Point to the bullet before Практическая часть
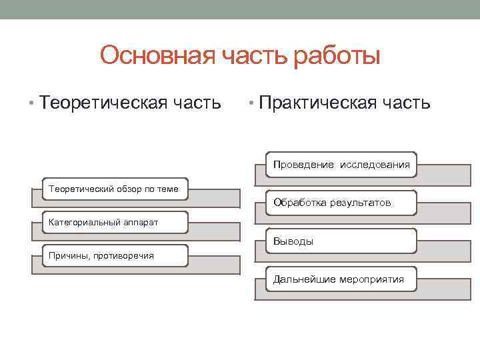pyautogui.click(x=250, y=104)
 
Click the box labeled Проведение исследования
pyautogui.click(x=341, y=164)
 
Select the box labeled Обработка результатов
pyautogui.click(x=341, y=202)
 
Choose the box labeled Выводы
pyautogui.click(x=341, y=241)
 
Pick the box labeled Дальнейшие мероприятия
pyautogui.click(x=341, y=279)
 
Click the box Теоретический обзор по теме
pyautogui.click(x=114, y=189)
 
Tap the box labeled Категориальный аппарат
pyautogui.click(x=114, y=222)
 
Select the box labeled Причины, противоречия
pyautogui.click(x=114, y=255)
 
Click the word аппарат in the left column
pyautogui.click(x=141, y=222)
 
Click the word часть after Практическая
pyautogui.click(x=407, y=103)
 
